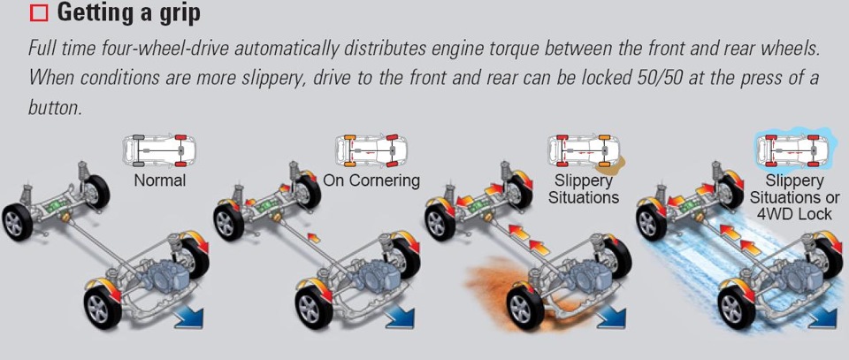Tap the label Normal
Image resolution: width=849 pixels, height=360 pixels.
(x=159, y=180)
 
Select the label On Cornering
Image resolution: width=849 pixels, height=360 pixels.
(x=371, y=180)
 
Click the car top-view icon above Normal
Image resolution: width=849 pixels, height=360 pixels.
(x=159, y=150)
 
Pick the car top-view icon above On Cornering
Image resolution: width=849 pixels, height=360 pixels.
(x=372, y=150)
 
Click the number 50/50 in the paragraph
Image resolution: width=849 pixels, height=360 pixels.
(x=640, y=77)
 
